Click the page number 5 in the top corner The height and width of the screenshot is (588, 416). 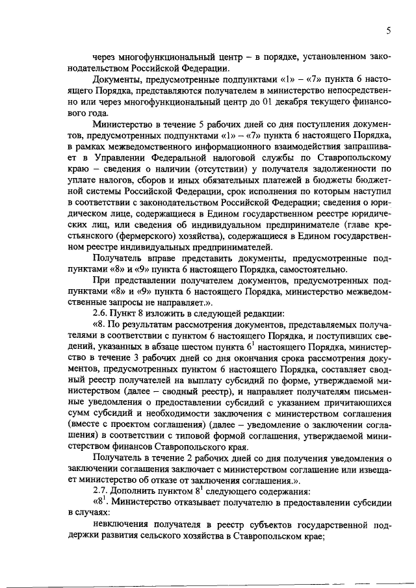[x=388, y=30]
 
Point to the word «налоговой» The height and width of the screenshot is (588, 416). [x=224, y=174]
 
